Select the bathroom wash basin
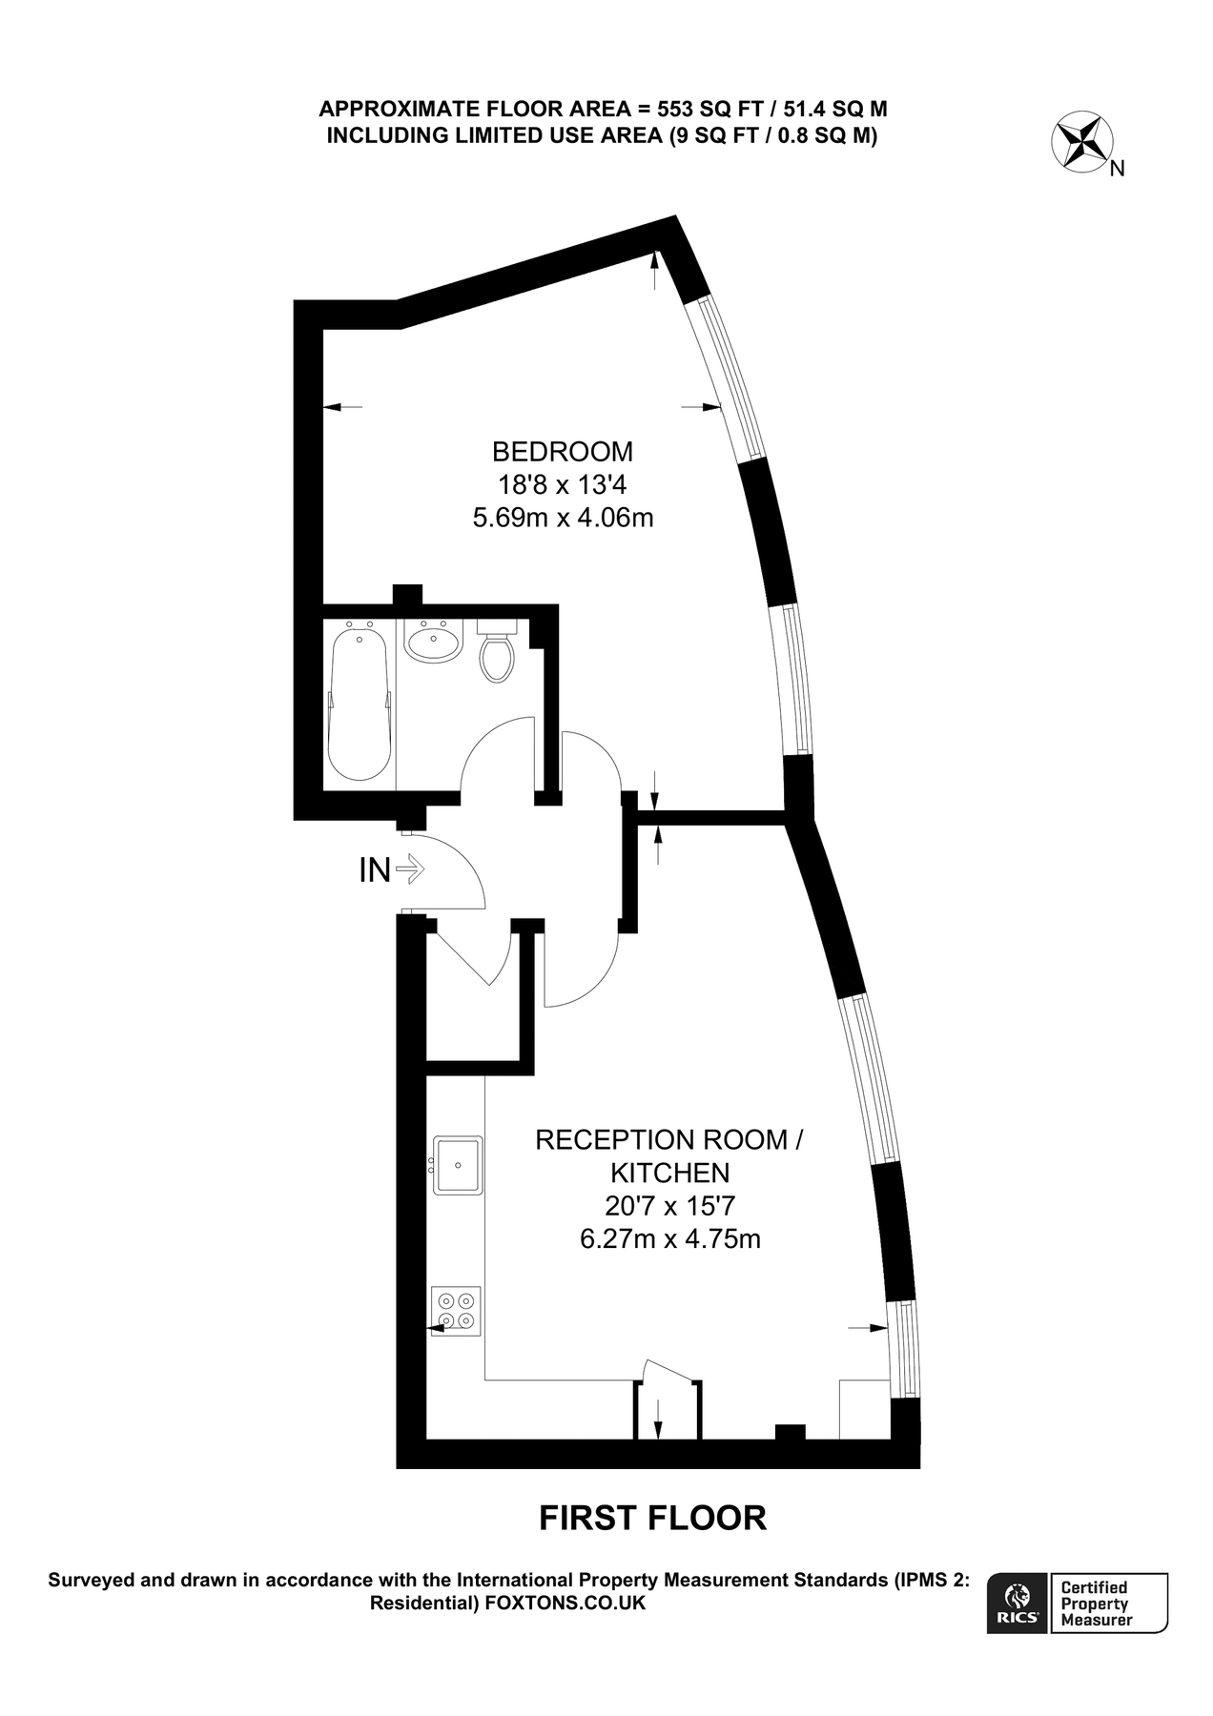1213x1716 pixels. point(433,642)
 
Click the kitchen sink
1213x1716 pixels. point(459,1164)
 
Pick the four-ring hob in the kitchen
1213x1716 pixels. point(457,1312)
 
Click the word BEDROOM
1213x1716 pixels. point(562,451)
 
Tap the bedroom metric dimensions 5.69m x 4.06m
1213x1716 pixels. point(563,519)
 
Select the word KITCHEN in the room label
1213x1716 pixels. point(669,1173)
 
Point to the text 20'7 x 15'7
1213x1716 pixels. point(669,1206)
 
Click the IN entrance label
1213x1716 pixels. point(374,869)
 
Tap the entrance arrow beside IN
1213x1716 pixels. point(409,868)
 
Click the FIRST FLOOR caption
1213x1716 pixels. point(652,1518)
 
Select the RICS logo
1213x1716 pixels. point(1018,1604)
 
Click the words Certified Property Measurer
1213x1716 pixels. point(1097,1604)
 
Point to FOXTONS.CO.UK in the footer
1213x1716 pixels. point(565,1604)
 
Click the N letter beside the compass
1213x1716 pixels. point(1119,170)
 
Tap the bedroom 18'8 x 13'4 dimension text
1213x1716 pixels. point(562,485)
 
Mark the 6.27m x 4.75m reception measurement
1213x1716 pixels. point(669,1239)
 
